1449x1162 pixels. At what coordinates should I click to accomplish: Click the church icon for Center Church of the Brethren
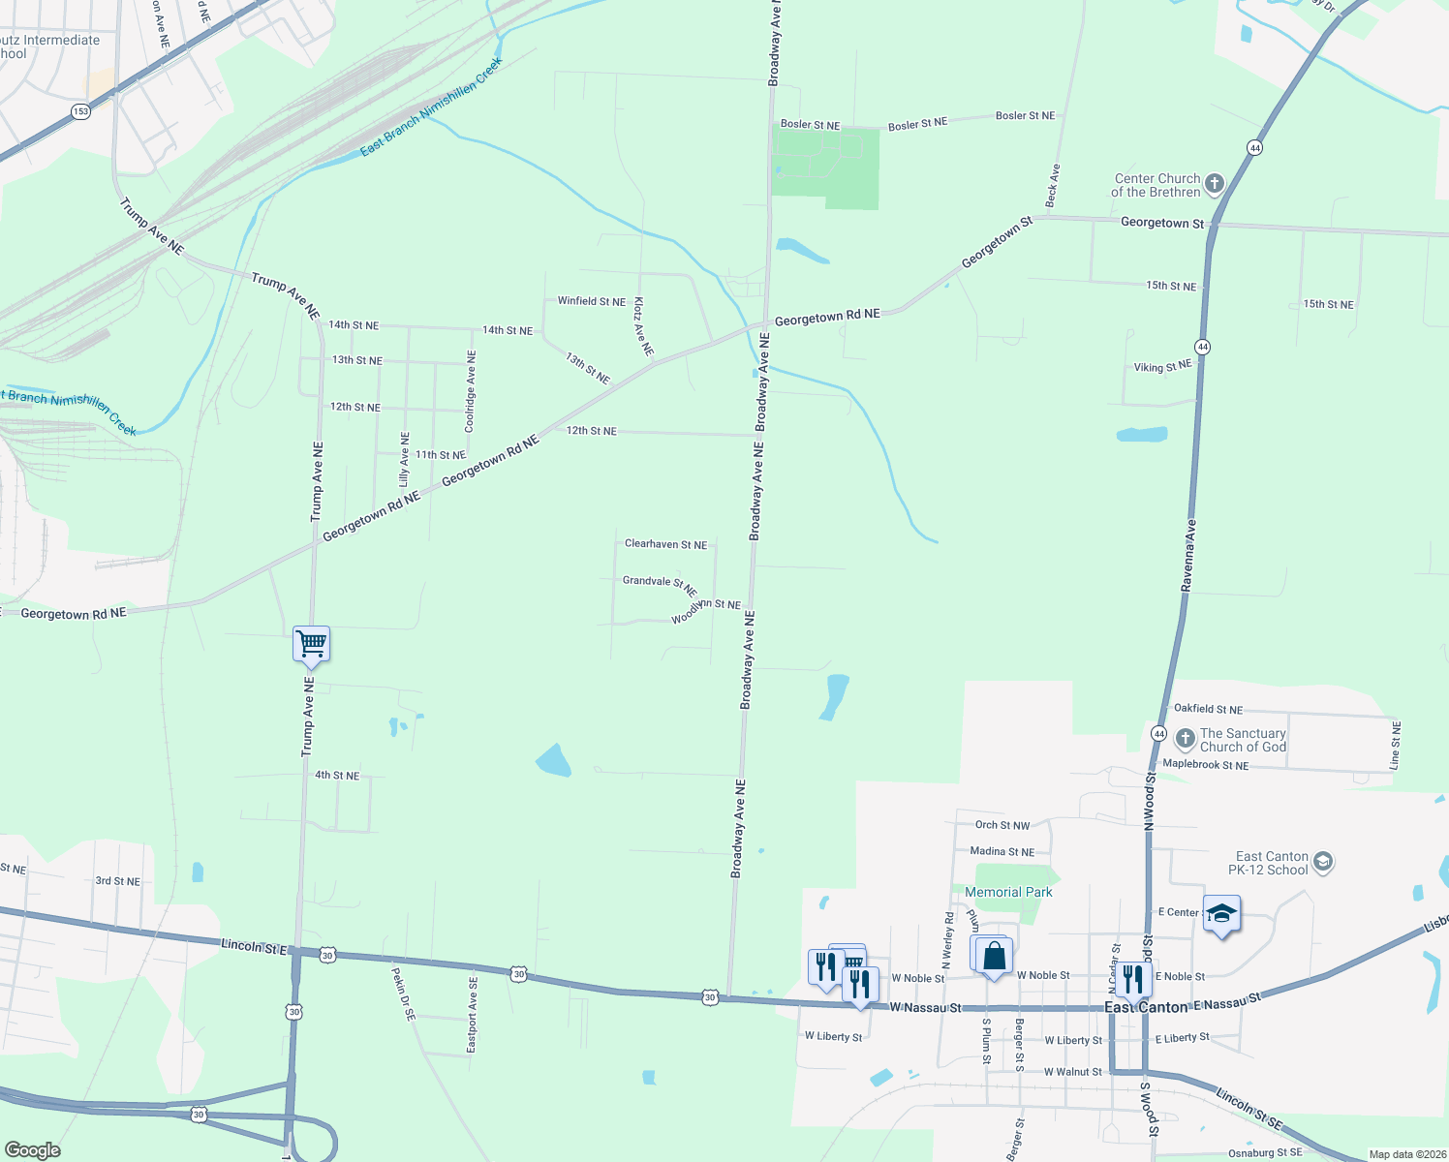click(x=1214, y=184)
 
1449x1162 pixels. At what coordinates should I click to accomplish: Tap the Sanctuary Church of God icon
click(x=1185, y=740)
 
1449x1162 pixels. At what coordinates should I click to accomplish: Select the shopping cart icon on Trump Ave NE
click(x=312, y=643)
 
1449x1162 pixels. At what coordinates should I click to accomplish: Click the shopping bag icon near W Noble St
click(x=994, y=956)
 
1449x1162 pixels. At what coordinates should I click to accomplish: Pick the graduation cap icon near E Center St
click(x=1221, y=914)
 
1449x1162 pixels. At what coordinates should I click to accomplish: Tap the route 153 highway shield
click(x=80, y=111)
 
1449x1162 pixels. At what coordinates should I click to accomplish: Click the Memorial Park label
click(x=1008, y=892)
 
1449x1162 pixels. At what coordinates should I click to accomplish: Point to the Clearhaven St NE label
click(x=665, y=544)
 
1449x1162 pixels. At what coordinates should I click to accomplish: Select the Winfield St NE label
click(x=591, y=301)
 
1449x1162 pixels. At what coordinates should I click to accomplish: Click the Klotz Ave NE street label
click(x=643, y=326)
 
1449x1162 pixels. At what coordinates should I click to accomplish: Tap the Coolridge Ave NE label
click(x=471, y=391)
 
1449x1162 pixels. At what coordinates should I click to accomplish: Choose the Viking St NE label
click(x=1162, y=367)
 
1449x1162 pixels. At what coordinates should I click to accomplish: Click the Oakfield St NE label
click(x=1208, y=709)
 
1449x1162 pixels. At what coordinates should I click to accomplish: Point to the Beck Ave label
click(x=1053, y=185)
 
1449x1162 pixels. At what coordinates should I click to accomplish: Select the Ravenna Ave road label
click(x=1188, y=556)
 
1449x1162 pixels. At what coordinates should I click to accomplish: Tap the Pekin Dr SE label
click(x=403, y=994)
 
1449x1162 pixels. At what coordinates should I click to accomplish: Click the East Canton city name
click(x=1146, y=1007)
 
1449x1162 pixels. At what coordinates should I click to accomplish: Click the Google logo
click(x=33, y=1150)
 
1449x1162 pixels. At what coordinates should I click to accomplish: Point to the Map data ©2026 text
click(x=1404, y=1154)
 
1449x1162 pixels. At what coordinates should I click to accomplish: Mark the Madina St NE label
click(x=1002, y=852)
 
